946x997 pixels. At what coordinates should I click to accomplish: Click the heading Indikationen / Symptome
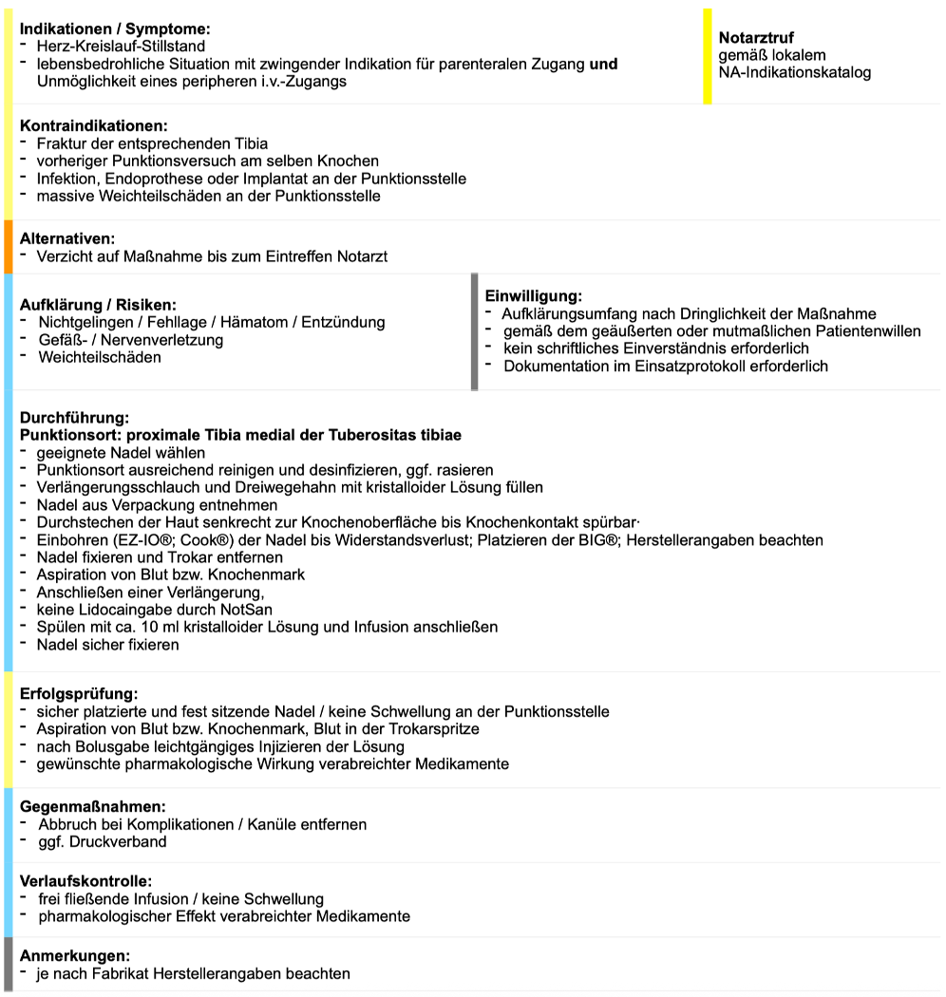click(115, 29)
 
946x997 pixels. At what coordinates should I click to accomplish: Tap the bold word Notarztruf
click(756, 38)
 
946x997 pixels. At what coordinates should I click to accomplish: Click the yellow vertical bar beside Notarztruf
click(707, 55)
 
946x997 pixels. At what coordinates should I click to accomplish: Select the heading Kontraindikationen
click(93, 126)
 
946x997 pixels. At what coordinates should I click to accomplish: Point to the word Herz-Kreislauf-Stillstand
click(121, 46)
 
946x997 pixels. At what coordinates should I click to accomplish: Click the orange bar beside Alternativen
click(8, 247)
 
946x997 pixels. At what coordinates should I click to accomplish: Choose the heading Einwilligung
click(533, 296)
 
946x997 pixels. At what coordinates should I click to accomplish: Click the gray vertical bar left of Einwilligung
click(474, 332)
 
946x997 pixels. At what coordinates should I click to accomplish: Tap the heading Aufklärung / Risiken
click(99, 305)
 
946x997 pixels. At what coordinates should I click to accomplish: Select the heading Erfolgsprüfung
click(79, 694)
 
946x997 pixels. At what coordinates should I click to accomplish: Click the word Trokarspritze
click(427, 729)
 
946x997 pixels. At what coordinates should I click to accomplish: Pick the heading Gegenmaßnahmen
click(92, 807)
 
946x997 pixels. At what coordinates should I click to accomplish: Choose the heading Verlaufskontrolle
click(85, 881)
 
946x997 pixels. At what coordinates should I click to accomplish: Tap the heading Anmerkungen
click(75, 955)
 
